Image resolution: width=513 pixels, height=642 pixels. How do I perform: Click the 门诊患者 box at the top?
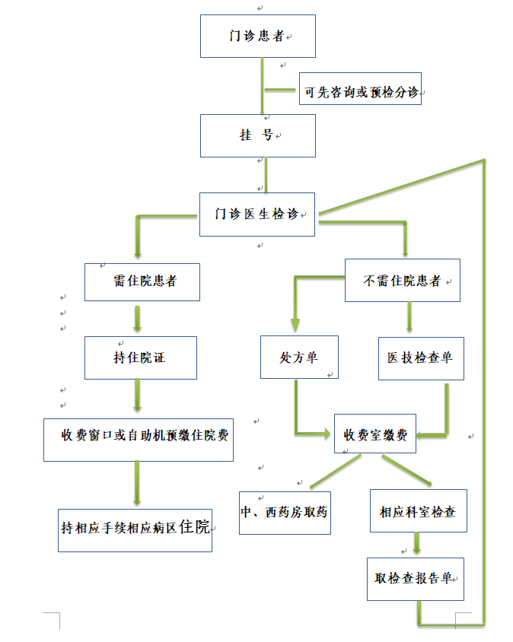coord(257,36)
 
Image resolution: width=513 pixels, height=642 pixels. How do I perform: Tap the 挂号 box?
coord(257,135)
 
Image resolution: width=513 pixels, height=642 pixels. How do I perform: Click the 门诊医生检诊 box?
coord(258,214)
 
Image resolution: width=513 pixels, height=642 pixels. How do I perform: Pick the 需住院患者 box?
coord(142,281)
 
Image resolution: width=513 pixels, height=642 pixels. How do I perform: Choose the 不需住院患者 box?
coord(402,280)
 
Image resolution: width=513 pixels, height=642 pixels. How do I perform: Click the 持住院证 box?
coord(140,357)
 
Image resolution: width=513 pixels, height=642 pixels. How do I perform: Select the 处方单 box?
coord(298,357)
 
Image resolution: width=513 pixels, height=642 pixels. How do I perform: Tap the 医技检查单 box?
coord(419,357)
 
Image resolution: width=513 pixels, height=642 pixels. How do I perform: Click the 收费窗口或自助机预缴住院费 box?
coord(138,439)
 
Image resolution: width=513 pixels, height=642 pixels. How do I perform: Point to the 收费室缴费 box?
coord(375,434)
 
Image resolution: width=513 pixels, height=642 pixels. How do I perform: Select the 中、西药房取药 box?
coord(285,512)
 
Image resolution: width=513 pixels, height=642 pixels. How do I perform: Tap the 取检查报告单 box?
coord(415,580)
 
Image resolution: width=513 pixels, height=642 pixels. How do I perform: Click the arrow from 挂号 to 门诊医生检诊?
coord(265,174)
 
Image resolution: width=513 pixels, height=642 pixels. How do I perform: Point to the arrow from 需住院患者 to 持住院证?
coord(137,318)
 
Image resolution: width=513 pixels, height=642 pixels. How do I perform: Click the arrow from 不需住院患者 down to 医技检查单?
coord(409,317)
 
